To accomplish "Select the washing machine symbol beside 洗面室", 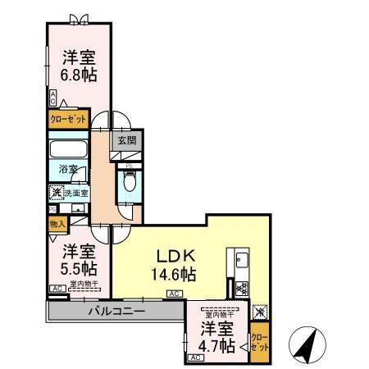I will [x=55, y=194].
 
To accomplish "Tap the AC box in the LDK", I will [x=174, y=293].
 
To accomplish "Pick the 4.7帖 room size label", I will [x=217, y=338].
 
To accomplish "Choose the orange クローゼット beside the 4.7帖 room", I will [x=258, y=338].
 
